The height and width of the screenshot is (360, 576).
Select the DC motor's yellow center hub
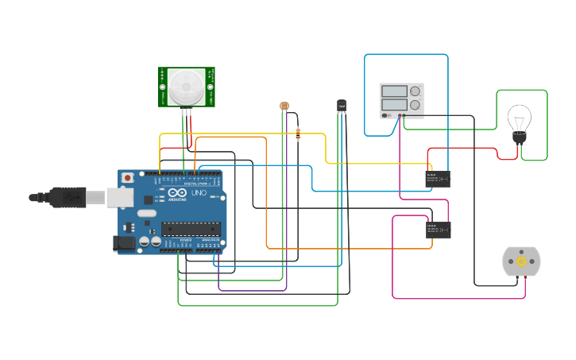[x=521, y=261]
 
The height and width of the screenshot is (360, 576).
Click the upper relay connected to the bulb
[x=437, y=179]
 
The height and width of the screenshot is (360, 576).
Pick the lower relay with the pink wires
[x=438, y=230]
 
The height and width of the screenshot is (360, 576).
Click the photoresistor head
[x=284, y=106]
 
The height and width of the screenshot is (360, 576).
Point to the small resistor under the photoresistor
[x=298, y=134]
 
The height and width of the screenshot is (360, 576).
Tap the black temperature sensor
[x=342, y=105]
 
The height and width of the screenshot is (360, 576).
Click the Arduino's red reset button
[x=126, y=178]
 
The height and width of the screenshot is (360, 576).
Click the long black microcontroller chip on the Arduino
[x=191, y=229]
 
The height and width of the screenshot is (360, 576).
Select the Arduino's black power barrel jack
[x=124, y=242]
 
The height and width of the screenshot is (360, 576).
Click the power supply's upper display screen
[x=394, y=91]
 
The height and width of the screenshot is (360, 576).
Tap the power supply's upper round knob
[x=415, y=91]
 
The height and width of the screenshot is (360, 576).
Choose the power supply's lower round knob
[x=415, y=104]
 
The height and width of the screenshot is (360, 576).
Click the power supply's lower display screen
[x=394, y=104]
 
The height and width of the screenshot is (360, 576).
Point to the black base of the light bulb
[x=519, y=138]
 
